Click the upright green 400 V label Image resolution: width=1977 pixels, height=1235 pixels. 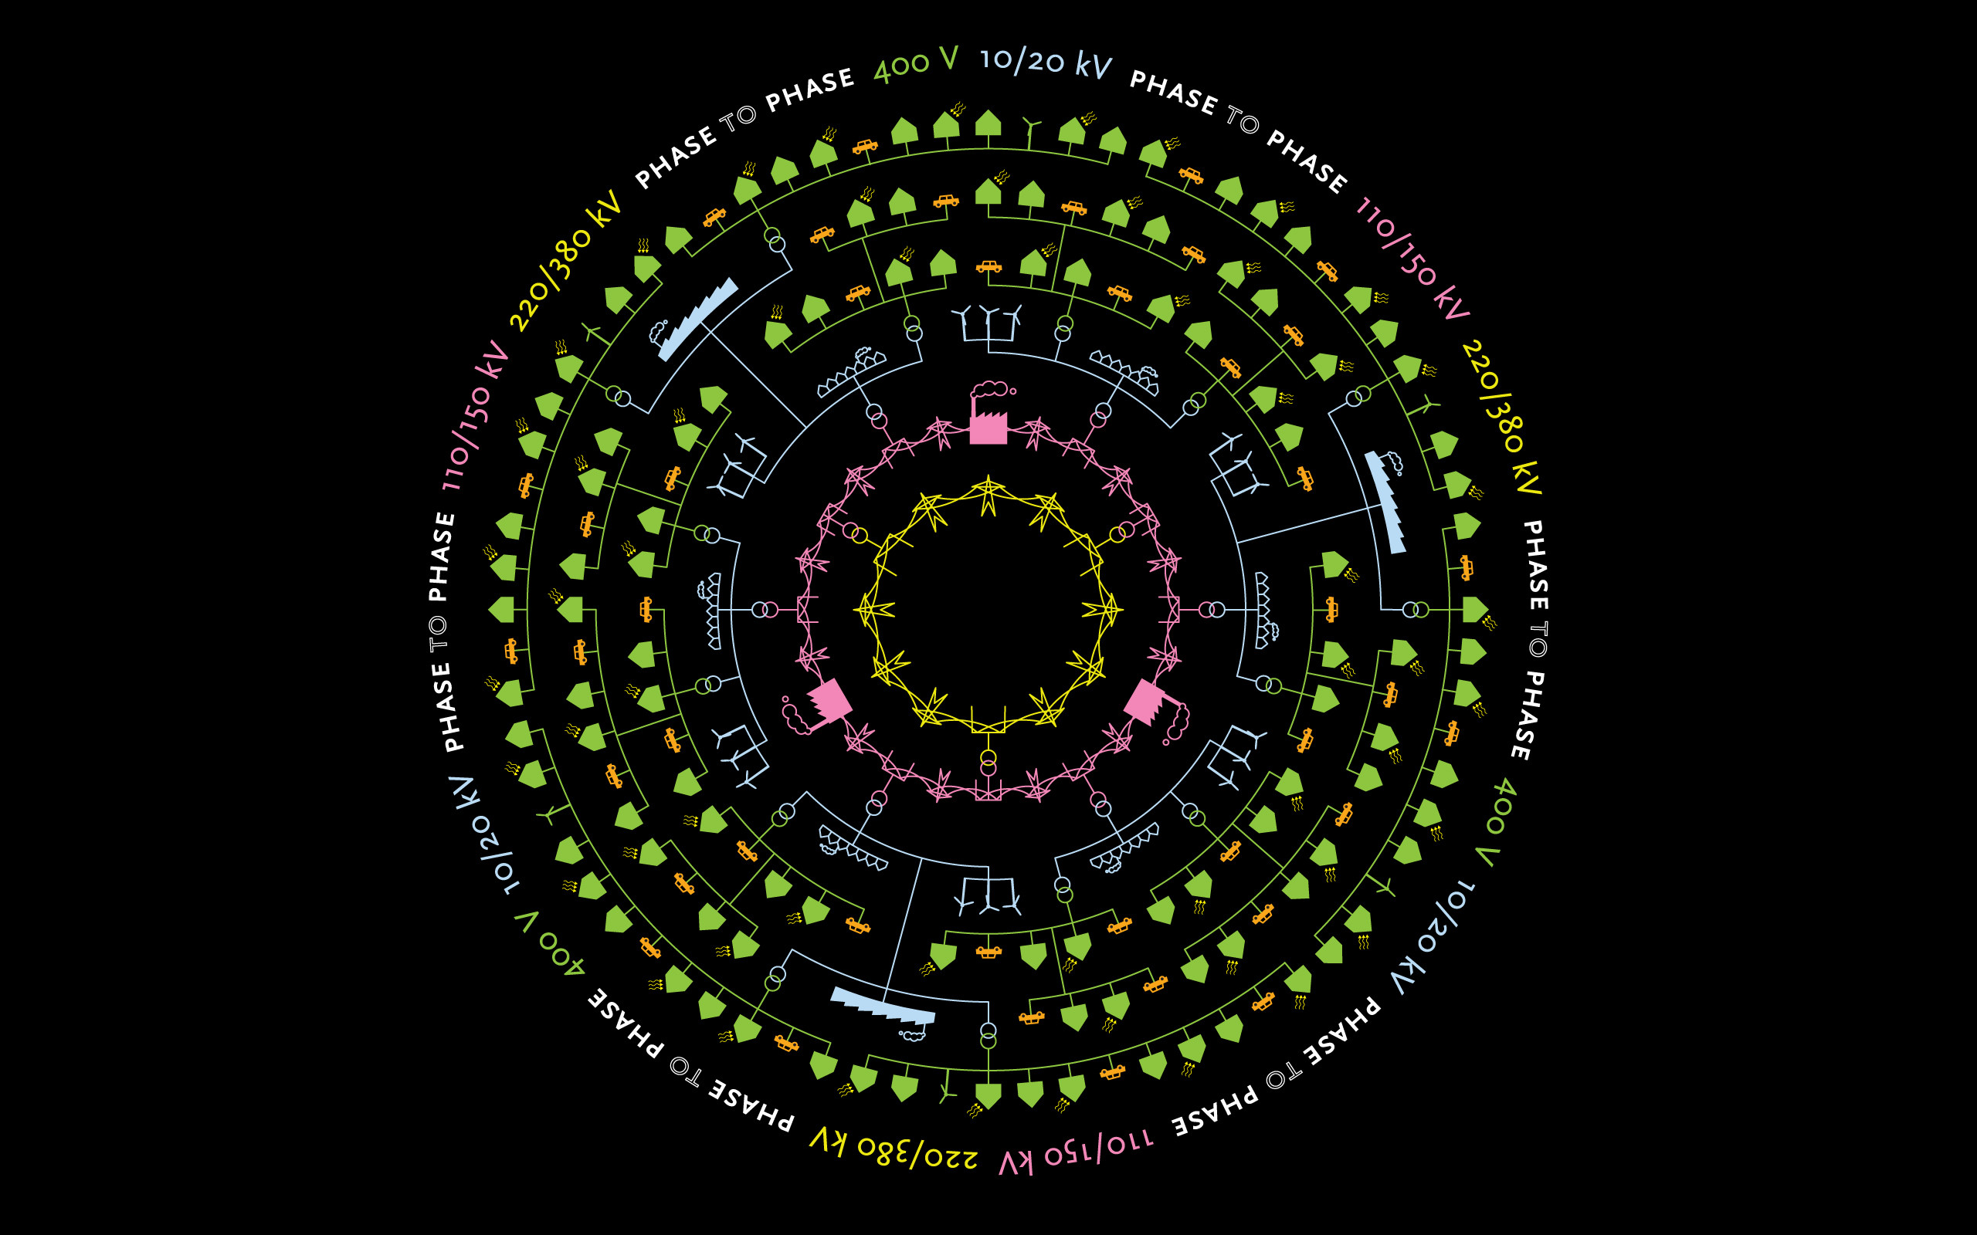[x=915, y=64]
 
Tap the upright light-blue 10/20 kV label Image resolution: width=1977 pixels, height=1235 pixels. [x=1046, y=62]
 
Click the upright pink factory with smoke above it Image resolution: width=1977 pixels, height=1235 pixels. [x=988, y=417]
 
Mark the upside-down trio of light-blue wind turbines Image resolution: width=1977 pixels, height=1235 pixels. [x=988, y=895]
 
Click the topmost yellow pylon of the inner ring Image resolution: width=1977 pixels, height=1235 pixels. [x=988, y=495]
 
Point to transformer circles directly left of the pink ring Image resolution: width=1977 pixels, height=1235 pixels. [x=765, y=609]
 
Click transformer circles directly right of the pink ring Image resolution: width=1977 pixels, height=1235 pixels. [x=1212, y=609]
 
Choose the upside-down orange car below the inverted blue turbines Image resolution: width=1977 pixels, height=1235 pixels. [x=988, y=952]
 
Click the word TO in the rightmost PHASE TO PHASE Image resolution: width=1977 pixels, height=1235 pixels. [x=1538, y=640]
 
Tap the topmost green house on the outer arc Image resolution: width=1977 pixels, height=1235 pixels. [x=988, y=123]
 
